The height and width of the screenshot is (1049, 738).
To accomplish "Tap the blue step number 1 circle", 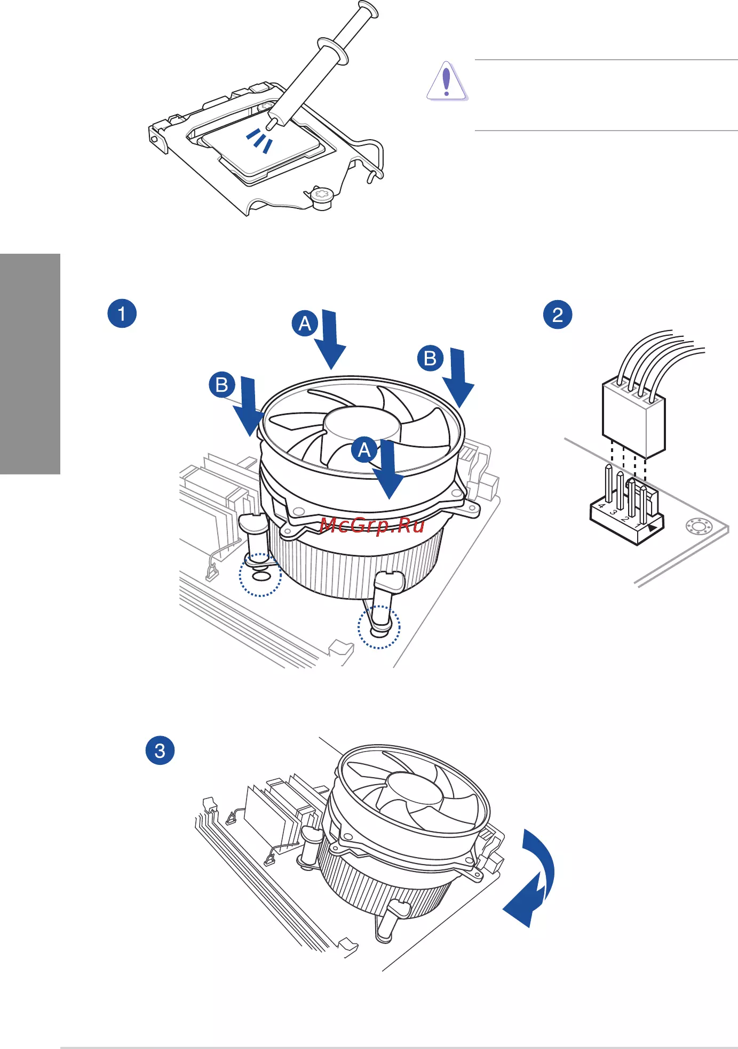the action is coord(122,313).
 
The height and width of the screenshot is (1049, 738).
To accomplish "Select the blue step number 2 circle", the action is coord(558,314).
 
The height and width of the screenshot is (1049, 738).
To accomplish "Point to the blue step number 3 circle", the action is coord(160,751).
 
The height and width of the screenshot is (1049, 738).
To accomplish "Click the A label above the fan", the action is coord(305,324).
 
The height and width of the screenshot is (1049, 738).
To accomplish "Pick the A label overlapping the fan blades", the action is coord(364,450).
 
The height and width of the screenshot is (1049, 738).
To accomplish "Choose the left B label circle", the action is coord(222,384).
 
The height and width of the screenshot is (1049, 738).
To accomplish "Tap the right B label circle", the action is coord(431,358).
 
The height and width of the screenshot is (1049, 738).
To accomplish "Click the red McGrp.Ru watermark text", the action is coord(372,526).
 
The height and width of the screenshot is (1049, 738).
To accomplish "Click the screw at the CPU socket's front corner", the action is coord(322,198).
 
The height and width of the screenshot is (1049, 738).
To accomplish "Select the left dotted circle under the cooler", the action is coord(260,575).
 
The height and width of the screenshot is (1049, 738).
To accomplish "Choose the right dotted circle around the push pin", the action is coord(379,627).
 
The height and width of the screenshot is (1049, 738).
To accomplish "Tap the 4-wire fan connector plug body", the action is coord(634,419).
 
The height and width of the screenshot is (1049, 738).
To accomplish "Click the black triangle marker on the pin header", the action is coord(652,527).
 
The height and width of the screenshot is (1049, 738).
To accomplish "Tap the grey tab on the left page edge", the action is coord(30,364).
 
